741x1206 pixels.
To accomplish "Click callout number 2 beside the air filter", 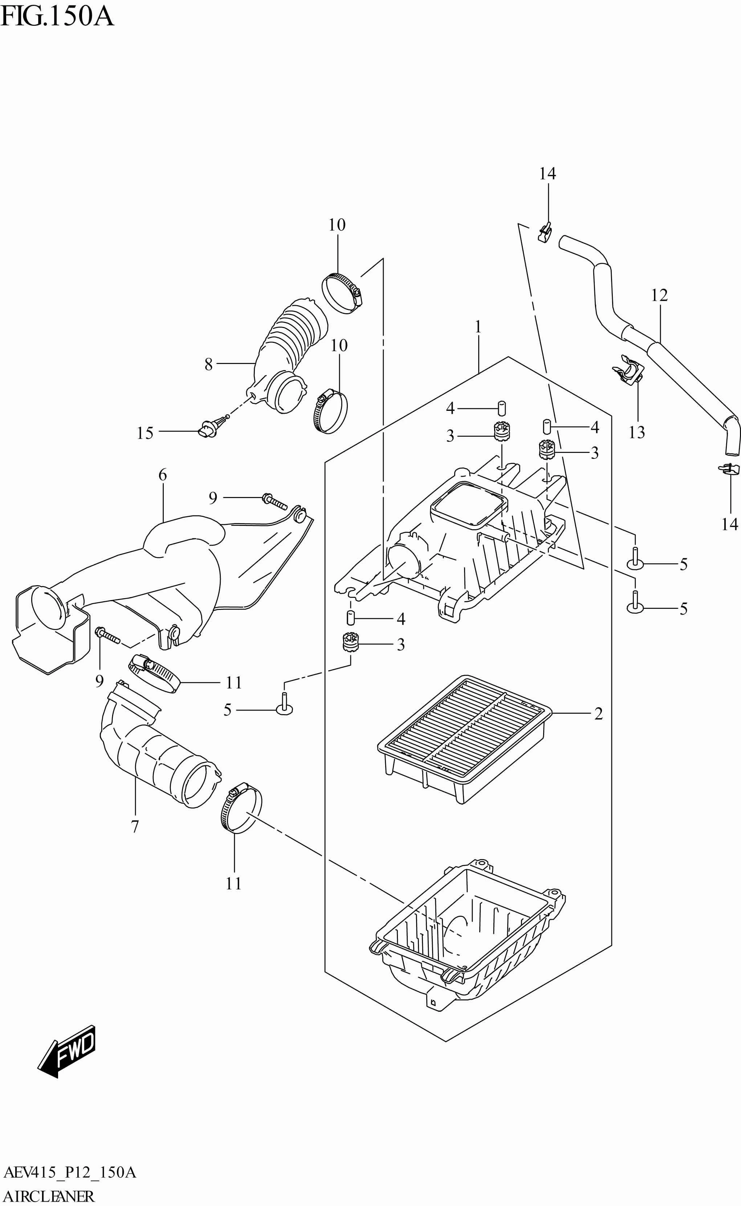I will pyautogui.click(x=598, y=714).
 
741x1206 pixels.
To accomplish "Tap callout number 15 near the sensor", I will pyautogui.click(x=144, y=433).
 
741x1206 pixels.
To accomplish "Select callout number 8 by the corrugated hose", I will pyautogui.click(x=209, y=364).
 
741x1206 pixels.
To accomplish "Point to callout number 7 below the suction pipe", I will pyautogui.click(x=135, y=826).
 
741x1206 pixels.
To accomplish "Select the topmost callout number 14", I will pyautogui.click(x=547, y=174).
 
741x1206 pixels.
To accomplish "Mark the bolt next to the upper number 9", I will pyautogui.click(x=275, y=501).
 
